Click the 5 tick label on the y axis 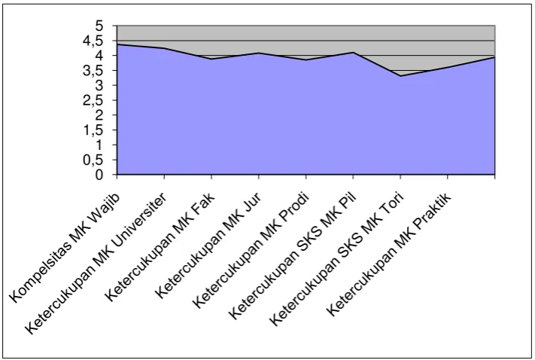(99, 26)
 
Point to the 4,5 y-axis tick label (93, 41)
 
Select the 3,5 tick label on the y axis (93, 71)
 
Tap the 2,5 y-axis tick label (93, 101)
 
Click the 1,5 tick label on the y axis (93, 130)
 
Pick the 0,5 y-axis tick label (93, 160)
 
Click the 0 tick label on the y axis (99, 175)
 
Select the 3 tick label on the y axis (99, 85)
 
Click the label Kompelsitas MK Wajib (65, 249)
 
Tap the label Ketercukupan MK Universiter (96, 264)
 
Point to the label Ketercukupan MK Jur (208, 246)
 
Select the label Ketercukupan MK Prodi (251, 250)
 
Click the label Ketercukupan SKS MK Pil (293, 256)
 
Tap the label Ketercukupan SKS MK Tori (336, 259)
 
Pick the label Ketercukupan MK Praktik (389, 254)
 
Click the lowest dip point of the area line (400, 76)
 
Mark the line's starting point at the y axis (117, 44)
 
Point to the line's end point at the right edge (494, 57)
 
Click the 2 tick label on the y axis (99, 115)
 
